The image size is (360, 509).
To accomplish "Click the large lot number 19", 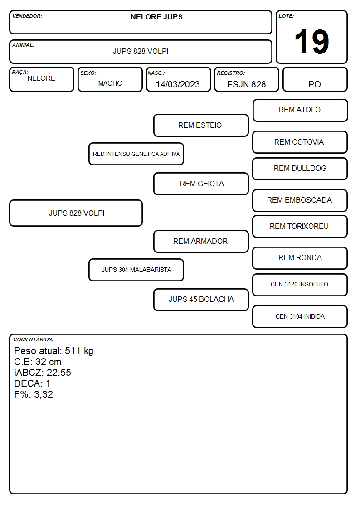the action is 311,42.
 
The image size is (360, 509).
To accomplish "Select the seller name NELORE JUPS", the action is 156,17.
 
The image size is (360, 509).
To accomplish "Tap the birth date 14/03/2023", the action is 178,84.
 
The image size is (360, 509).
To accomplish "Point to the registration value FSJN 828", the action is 246,84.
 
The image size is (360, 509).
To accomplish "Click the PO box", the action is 315,79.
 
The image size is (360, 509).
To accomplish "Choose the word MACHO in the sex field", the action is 110,83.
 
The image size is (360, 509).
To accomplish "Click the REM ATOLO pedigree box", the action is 300,111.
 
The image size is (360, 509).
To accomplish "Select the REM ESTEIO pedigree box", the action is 201,125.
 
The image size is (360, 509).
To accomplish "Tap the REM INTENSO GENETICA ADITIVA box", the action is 136,154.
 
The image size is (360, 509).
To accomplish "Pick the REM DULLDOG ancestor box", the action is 300,169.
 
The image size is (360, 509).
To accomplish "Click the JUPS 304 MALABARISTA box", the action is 136,270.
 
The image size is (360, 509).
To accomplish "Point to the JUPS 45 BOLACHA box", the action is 201,300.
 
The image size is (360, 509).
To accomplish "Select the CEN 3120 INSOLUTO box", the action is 300,285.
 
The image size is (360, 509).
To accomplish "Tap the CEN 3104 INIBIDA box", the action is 300,316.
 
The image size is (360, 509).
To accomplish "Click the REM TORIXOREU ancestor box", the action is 300,226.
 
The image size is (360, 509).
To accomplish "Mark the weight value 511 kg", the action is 79,351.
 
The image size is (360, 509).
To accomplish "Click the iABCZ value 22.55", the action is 59,372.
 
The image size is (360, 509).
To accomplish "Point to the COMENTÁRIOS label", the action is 34,339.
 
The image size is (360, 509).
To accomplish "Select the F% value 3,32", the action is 44,394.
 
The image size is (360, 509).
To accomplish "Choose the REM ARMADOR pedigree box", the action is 201,242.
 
